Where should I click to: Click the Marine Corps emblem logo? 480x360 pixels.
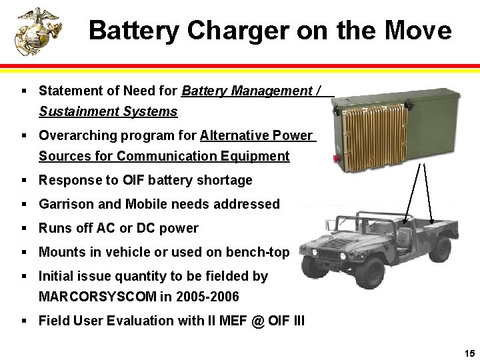(38, 31)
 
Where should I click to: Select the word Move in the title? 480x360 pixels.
(418, 31)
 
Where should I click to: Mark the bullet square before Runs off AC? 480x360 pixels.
(24, 229)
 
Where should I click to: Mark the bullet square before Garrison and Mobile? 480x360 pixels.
(24, 205)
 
